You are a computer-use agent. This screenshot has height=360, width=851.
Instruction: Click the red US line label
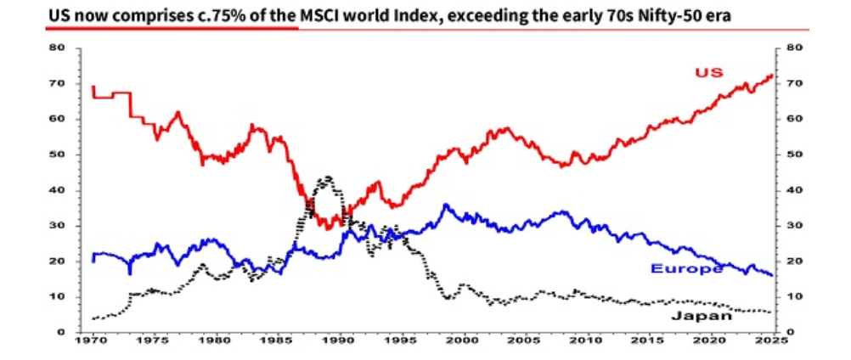point(709,72)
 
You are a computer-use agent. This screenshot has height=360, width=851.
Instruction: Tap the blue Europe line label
point(686,268)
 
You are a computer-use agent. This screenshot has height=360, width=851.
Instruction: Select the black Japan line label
point(702,316)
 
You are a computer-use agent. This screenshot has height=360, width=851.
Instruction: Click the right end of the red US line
point(772,75)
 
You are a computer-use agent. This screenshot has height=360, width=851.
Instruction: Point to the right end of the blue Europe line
point(772,275)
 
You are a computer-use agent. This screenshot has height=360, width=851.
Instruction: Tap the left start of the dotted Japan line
point(93,318)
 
